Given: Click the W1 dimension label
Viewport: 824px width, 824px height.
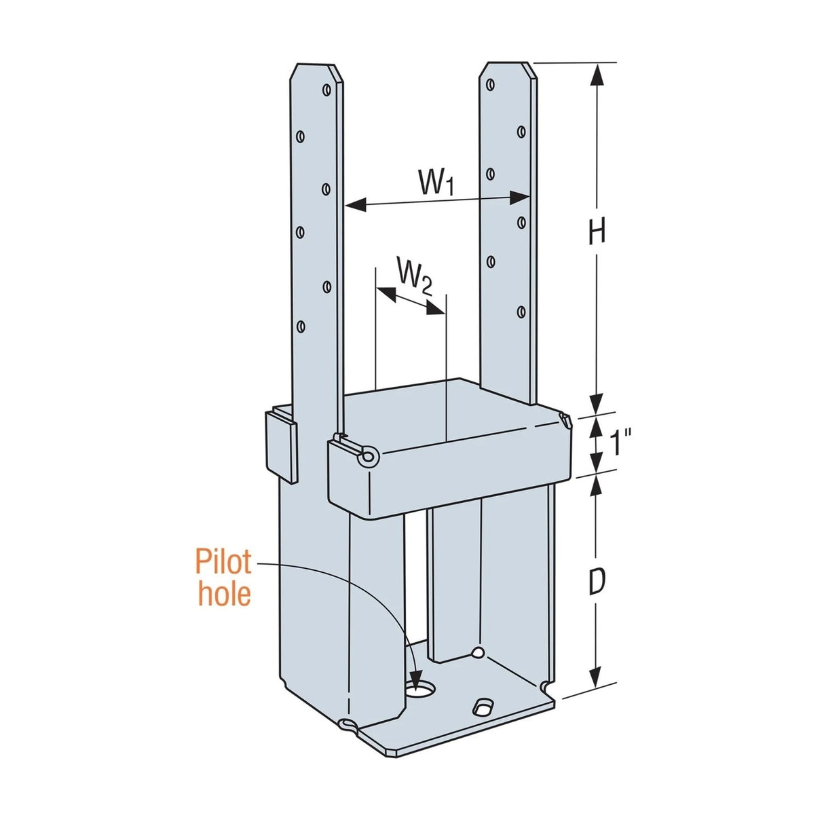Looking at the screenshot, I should [x=435, y=183].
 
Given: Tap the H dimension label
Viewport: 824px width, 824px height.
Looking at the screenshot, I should [x=596, y=233].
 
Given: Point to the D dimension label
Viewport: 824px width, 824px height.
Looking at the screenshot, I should [x=596, y=582].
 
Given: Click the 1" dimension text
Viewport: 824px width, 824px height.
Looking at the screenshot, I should [x=620, y=444].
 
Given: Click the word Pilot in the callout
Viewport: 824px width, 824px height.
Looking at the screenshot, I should [x=223, y=563].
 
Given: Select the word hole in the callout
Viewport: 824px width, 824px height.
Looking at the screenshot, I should [x=224, y=594].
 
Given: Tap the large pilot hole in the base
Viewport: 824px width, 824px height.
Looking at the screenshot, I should [x=423, y=690].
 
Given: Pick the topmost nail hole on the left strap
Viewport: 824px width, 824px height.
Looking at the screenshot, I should [x=327, y=90].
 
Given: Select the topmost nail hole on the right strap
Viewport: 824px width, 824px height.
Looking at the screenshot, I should [x=490, y=85].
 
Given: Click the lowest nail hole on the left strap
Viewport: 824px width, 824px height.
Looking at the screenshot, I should [x=301, y=326].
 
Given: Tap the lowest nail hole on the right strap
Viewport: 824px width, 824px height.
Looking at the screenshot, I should [x=521, y=312].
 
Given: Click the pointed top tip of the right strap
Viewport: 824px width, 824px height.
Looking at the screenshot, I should [x=508, y=64].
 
